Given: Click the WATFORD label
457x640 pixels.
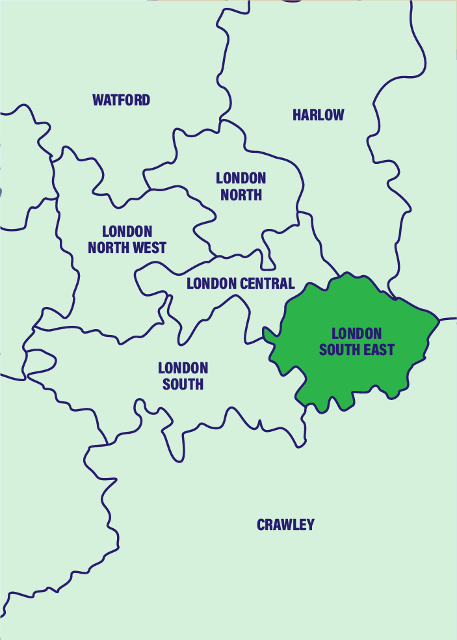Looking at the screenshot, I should click(x=121, y=100).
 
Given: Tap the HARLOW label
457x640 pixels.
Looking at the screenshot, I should click(x=318, y=115).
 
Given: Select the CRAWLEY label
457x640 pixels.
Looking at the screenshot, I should click(x=285, y=525).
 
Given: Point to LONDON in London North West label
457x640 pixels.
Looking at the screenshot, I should click(x=127, y=232).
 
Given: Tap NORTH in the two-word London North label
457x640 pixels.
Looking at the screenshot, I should click(x=241, y=194).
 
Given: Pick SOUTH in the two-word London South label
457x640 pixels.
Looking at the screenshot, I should click(x=183, y=384).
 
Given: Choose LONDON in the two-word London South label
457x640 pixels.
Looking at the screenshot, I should click(x=183, y=368).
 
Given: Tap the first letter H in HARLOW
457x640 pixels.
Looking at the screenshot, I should click(x=296, y=115).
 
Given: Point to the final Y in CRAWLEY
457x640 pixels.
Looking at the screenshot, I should click(x=310, y=525).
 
